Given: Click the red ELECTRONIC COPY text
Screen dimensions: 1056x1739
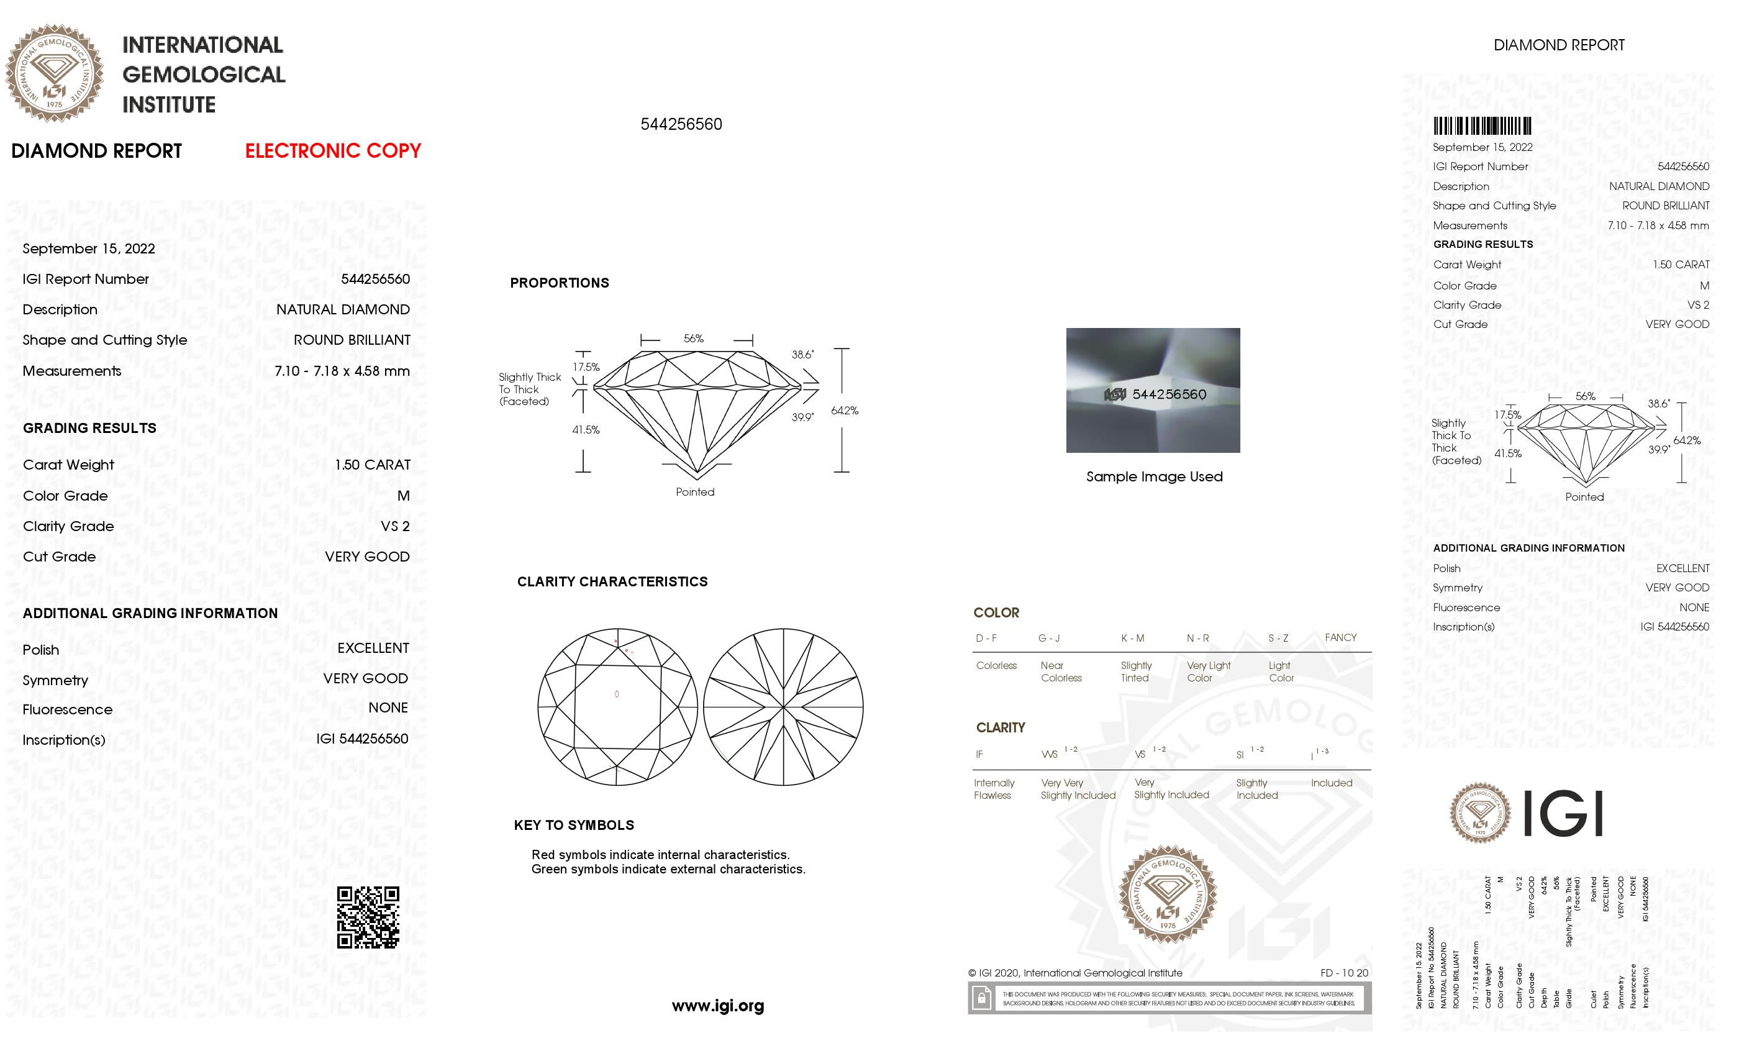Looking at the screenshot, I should point(332,151).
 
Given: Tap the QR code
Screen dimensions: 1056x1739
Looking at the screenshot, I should point(368,917).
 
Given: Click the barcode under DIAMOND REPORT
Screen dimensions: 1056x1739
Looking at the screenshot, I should point(1481,126).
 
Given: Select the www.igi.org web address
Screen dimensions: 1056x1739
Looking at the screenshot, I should point(718,1006).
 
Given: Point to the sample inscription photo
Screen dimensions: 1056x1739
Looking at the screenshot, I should point(1153,389).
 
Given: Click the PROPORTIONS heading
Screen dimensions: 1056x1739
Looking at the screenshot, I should point(559,283).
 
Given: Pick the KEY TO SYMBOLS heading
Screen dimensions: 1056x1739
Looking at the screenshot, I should point(574,825).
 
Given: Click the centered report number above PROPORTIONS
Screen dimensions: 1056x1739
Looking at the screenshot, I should point(681,124).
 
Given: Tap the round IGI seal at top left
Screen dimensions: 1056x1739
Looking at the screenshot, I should point(55,73).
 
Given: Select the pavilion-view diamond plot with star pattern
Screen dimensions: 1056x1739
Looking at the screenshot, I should point(783,707).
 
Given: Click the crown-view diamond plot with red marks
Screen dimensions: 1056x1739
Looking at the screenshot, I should point(617,707).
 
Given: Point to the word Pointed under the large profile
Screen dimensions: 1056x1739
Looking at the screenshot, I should point(694,492).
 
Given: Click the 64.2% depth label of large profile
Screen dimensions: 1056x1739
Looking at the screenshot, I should point(844,411).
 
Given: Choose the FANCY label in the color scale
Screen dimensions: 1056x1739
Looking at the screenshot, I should point(1340,637).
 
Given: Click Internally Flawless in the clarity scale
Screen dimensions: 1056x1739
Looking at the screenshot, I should point(994,789).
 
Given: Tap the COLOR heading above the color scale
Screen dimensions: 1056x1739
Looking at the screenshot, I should point(996,612).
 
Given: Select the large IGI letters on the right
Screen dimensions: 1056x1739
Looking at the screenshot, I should point(1563,813).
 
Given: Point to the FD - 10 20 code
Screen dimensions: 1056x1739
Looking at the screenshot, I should point(1344,973).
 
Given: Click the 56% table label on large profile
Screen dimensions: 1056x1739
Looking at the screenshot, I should point(694,339).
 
